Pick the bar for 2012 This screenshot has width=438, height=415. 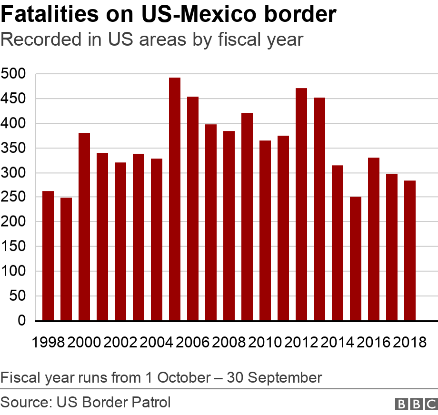click(301, 204)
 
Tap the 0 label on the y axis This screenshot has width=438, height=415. click(21, 321)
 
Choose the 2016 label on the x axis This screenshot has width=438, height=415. click(374, 342)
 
